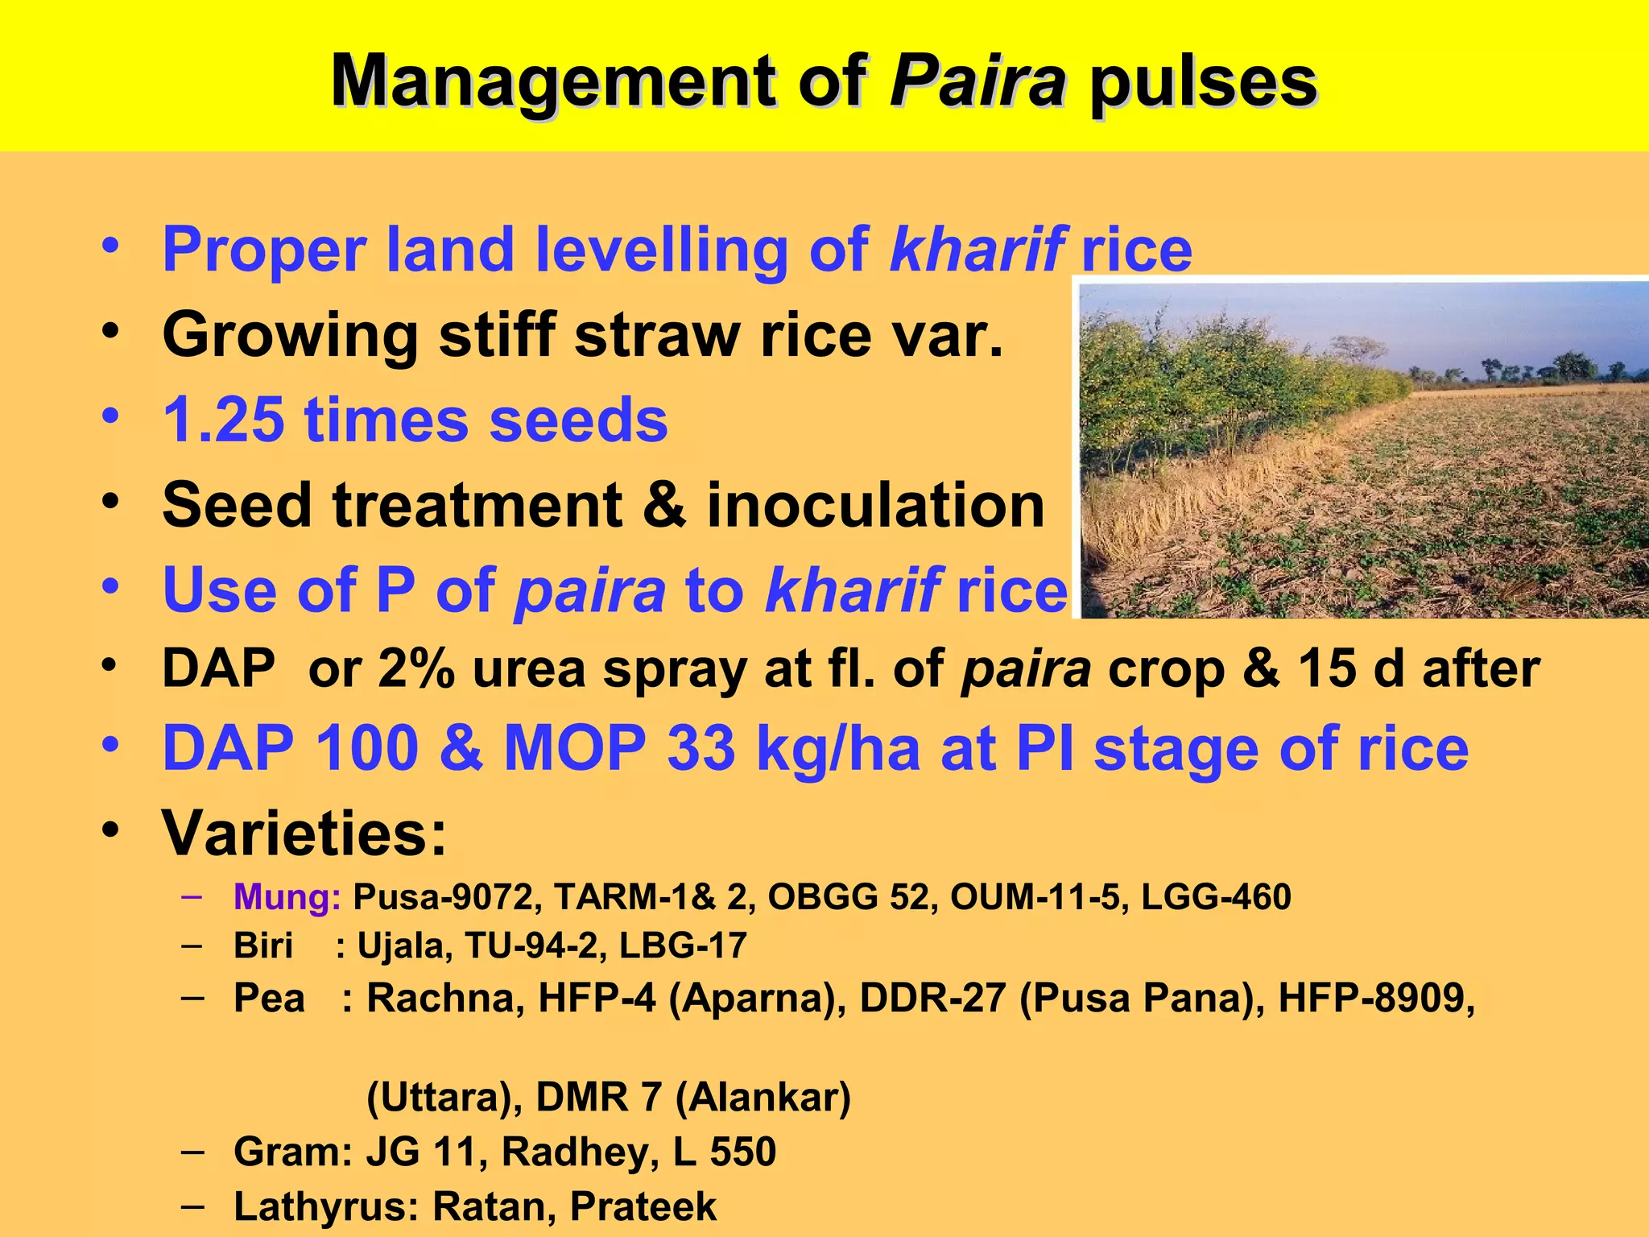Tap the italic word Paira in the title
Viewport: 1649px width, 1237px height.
(977, 82)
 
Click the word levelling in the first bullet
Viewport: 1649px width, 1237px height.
(660, 250)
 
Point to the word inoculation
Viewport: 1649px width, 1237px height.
(875, 506)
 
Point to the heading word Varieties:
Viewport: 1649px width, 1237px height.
(304, 833)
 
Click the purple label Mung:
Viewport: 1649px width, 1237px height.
(287, 897)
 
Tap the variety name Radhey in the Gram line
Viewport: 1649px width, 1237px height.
(575, 1152)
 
